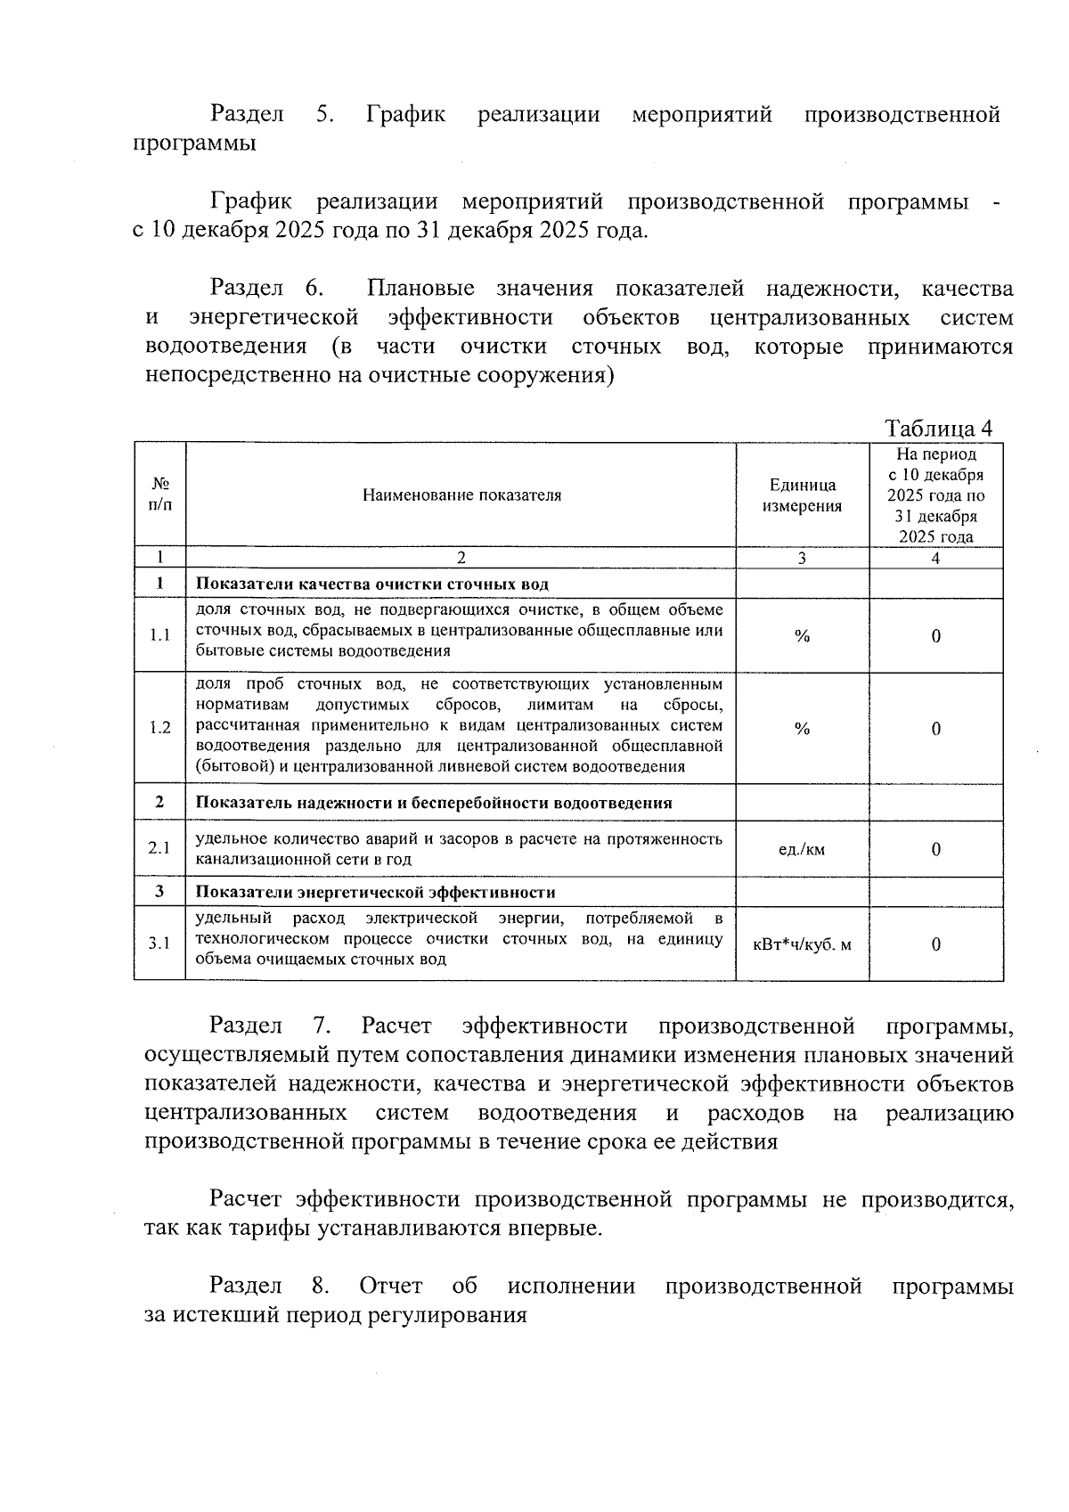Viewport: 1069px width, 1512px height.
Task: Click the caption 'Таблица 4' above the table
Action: click(938, 429)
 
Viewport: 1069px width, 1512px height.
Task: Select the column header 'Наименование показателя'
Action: click(461, 495)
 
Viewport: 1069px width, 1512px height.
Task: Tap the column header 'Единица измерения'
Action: click(802, 495)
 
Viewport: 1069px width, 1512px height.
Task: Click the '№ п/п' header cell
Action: click(159, 494)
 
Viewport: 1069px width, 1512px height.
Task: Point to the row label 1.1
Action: click(159, 635)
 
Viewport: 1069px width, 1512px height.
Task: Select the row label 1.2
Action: click(159, 728)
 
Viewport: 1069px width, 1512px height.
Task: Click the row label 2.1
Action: click(159, 848)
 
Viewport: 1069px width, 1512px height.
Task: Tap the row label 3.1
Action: click(159, 944)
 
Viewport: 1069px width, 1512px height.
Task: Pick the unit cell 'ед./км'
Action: click(802, 849)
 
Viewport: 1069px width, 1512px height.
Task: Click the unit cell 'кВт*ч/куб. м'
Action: click(802, 944)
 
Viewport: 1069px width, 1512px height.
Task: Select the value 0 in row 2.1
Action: click(936, 849)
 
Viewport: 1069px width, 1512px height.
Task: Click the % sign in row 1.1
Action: click(802, 636)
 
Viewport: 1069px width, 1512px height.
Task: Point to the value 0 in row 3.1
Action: click(936, 944)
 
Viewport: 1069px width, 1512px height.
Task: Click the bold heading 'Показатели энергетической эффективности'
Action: click(375, 893)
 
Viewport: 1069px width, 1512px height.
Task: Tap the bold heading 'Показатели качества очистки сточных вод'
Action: click(371, 584)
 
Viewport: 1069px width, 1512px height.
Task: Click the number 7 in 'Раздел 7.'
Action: click(320, 1026)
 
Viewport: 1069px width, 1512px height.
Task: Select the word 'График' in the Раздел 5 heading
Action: click(405, 115)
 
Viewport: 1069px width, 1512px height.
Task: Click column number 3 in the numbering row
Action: click(802, 559)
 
